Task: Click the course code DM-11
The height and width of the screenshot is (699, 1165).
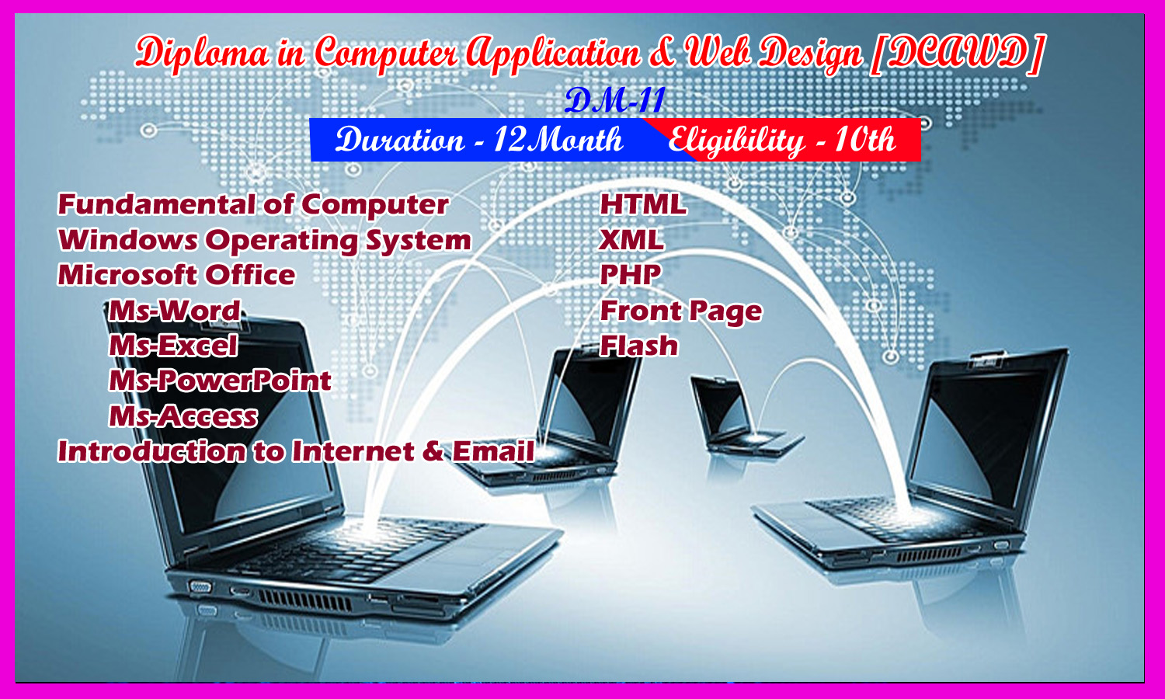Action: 615,101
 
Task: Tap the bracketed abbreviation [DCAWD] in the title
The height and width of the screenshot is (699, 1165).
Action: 958,53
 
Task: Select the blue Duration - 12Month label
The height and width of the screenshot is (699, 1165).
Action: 478,140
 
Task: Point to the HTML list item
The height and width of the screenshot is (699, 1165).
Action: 643,203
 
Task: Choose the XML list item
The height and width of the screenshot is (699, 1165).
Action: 631,240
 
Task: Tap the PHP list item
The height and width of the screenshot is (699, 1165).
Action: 631,275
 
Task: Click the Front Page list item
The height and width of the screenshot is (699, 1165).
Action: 681,311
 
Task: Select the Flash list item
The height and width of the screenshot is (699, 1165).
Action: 639,346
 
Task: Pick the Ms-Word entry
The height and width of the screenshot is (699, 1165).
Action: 175,311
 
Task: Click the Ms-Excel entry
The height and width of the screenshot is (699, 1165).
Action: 173,346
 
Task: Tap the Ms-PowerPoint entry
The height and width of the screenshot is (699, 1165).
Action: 220,381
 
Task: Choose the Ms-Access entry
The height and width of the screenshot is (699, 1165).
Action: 183,416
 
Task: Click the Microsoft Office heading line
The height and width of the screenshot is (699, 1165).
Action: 176,275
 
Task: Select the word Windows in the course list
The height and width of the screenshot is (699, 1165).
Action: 128,240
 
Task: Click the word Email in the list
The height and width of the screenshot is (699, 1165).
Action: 493,451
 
